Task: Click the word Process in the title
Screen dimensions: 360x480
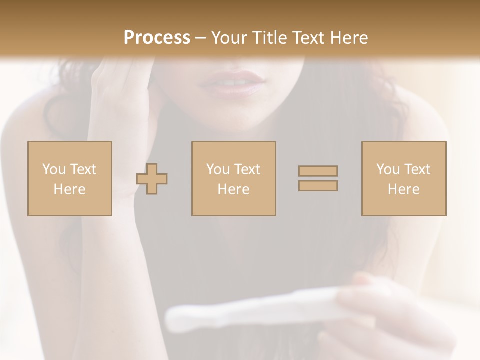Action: pos(157,37)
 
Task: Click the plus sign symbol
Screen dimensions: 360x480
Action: pos(152,178)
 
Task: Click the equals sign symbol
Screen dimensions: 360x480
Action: pos(318,178)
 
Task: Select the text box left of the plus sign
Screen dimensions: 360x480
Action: pos(69,178)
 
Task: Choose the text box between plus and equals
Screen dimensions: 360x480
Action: pos(233,178)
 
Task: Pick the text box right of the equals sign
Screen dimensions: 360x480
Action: pos(403,178)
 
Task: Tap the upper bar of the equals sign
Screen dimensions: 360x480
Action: pos(318,171)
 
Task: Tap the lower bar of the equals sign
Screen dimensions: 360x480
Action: pos(318,186)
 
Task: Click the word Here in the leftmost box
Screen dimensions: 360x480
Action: pos(69,189)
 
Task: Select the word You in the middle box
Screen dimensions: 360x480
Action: pos(218,169)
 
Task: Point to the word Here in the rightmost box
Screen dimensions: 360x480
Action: pos(403,189)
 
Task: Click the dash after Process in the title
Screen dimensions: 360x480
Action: pos(200,38)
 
